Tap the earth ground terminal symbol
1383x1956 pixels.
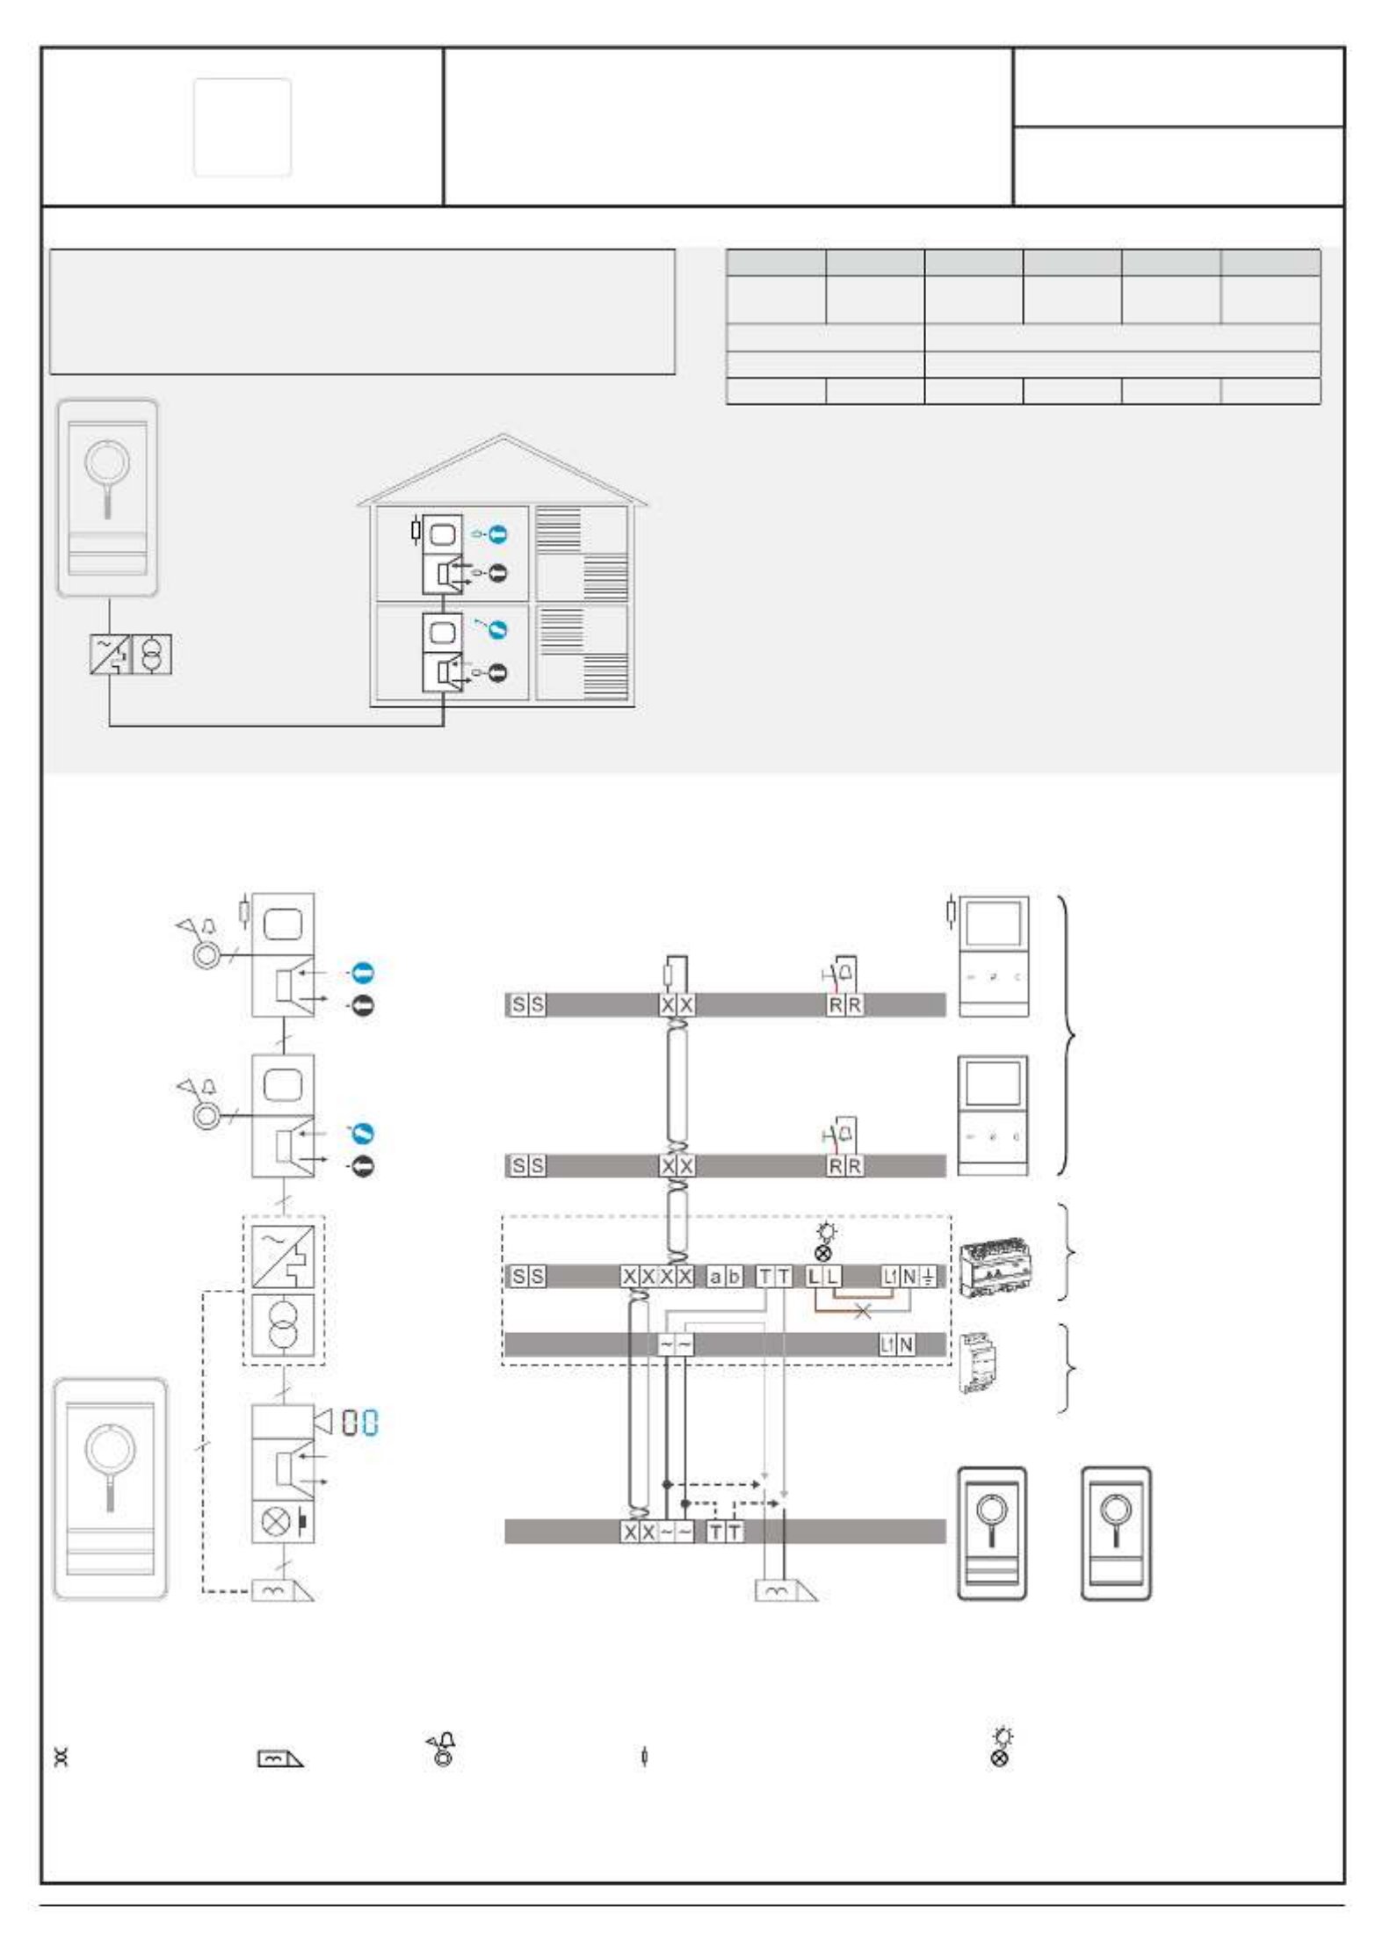coord(929,1277)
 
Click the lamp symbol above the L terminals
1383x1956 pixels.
coord(825,1241)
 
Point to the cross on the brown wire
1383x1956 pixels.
coord(863,1312)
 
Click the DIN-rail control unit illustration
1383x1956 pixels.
coord(995,1267)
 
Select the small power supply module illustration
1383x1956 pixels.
coord(977,1363)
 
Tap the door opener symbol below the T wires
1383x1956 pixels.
coord(785,1590)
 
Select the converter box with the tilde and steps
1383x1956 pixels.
coord(283,1257)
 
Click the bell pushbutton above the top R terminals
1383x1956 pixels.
coord(840,974)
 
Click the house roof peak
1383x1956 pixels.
coord(502,435)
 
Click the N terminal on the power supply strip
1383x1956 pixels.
coord(906,1344)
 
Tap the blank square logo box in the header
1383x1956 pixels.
coord(243,127)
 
